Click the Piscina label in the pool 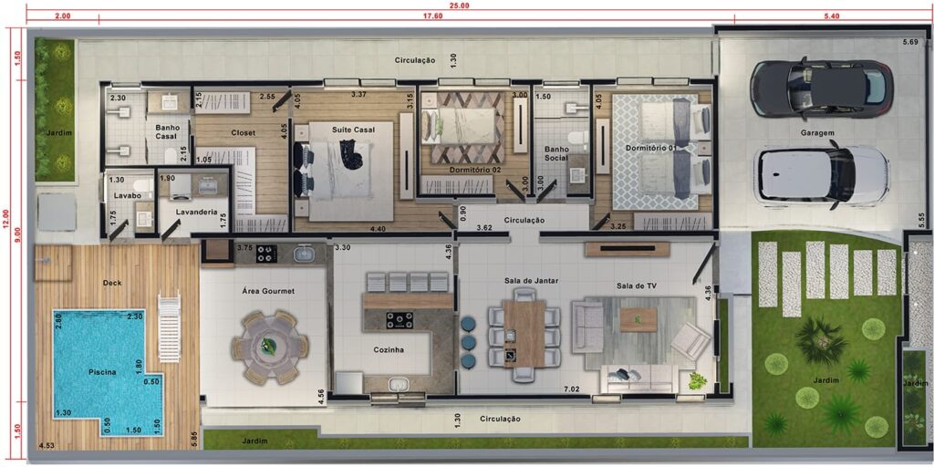click(103, 372)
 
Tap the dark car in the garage click(822, 88)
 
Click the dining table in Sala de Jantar click(524, 334)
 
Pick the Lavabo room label click(127, 195)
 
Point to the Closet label click(243, 133)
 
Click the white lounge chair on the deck click(169, 328)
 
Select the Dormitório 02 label click(474, 170)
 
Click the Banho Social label click(555, 153)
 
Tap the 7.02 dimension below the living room click(573, 390)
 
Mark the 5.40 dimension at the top click(831, 16)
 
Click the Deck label click(112, 283)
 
